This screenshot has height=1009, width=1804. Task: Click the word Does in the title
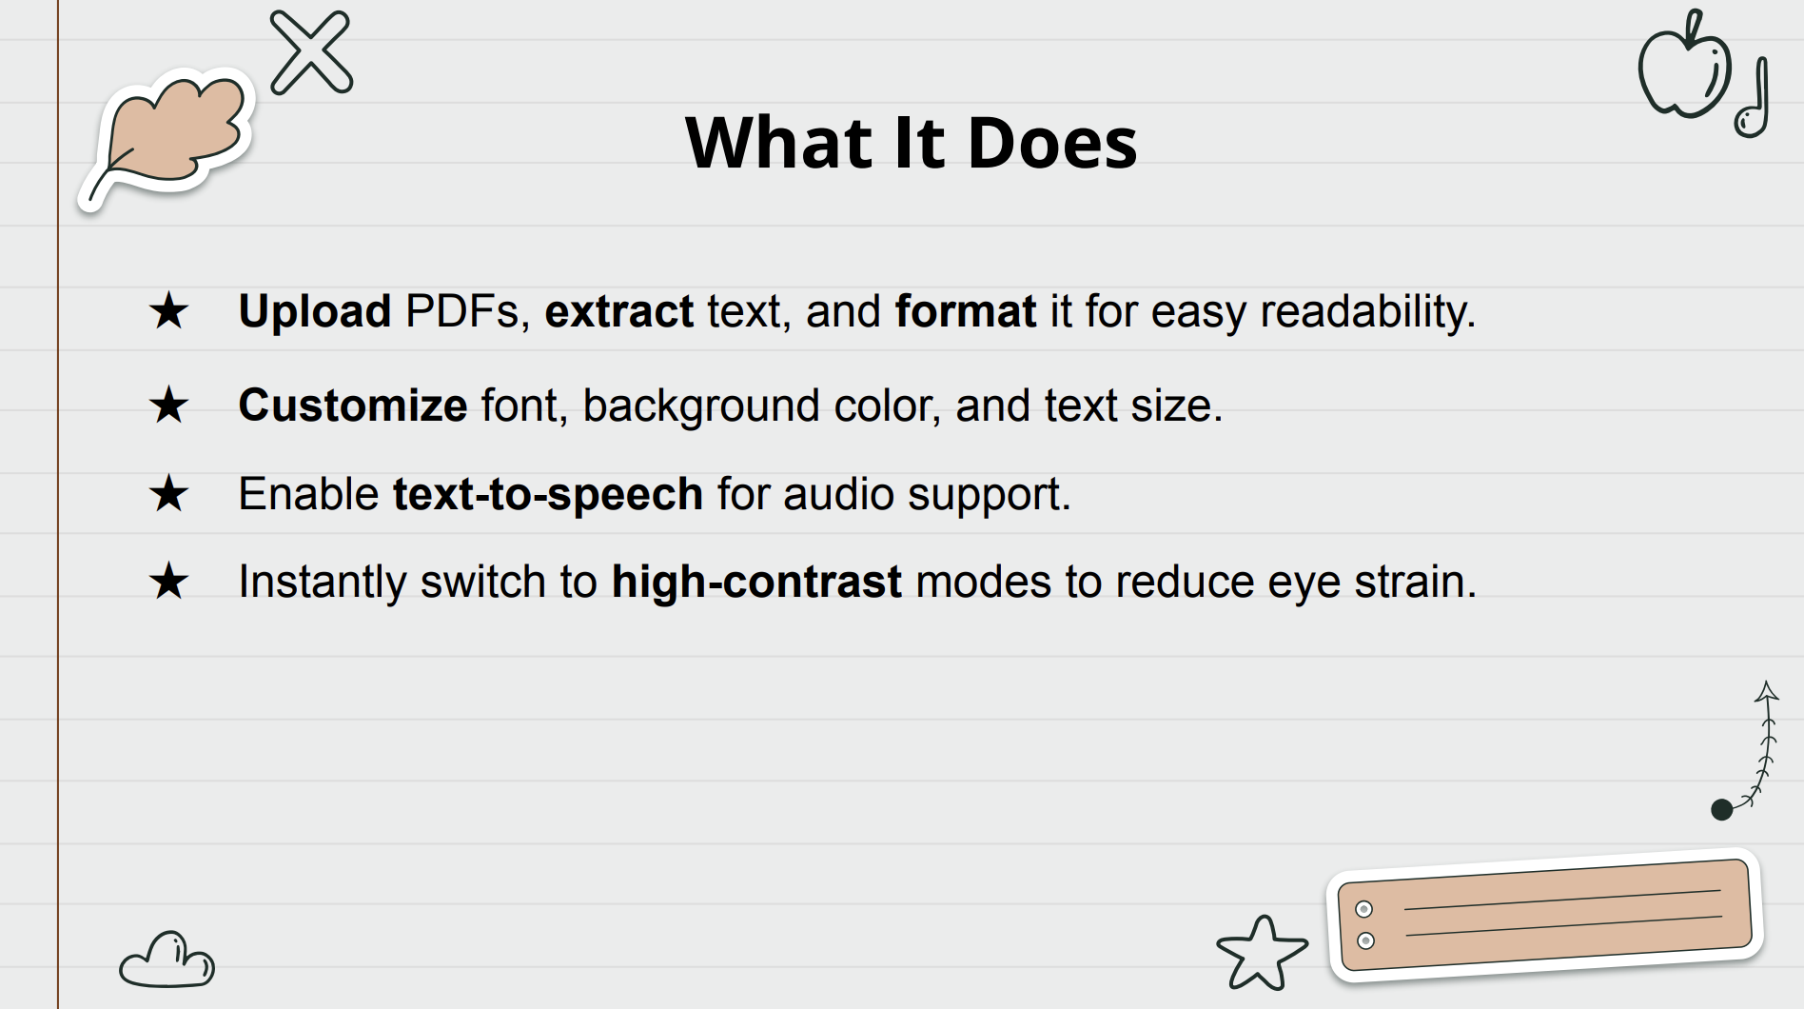pyautogui.click(x=1051, y=143)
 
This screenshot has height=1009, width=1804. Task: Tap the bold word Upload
pyautogui.click(x=315, y=312)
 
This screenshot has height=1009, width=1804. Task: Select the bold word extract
pyautogui.click(x=619, y=312)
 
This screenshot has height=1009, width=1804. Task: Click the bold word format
pyautogui.click(x=966, y=311)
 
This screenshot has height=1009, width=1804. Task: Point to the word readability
pyautogui.click(x=1368, y=312)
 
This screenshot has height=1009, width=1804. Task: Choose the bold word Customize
pyautogui.click(x=353, y=406)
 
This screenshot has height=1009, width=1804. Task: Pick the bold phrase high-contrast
pyautogui.click(x=756, y=582)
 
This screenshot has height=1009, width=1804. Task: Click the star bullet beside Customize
pyautogui.click(x=169, y=405)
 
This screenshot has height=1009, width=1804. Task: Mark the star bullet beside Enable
pyautogui.click(x=169, y=493)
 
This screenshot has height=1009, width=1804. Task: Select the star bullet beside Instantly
pyautogui.click(x=169, y=581)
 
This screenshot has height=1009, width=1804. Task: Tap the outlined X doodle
pyautogui.click(x=311, y=52)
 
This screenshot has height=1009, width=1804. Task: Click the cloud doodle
pyautogui.click(x=167, y=960)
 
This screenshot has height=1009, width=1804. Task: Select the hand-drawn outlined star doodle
pyautogui.click(x=1262, y=952)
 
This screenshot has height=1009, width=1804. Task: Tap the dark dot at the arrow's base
pyautogui.click(x=1721, y=810)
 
